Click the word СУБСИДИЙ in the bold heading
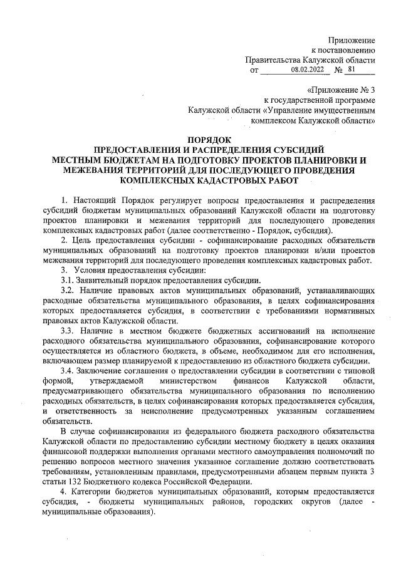[x=296, y=149]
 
